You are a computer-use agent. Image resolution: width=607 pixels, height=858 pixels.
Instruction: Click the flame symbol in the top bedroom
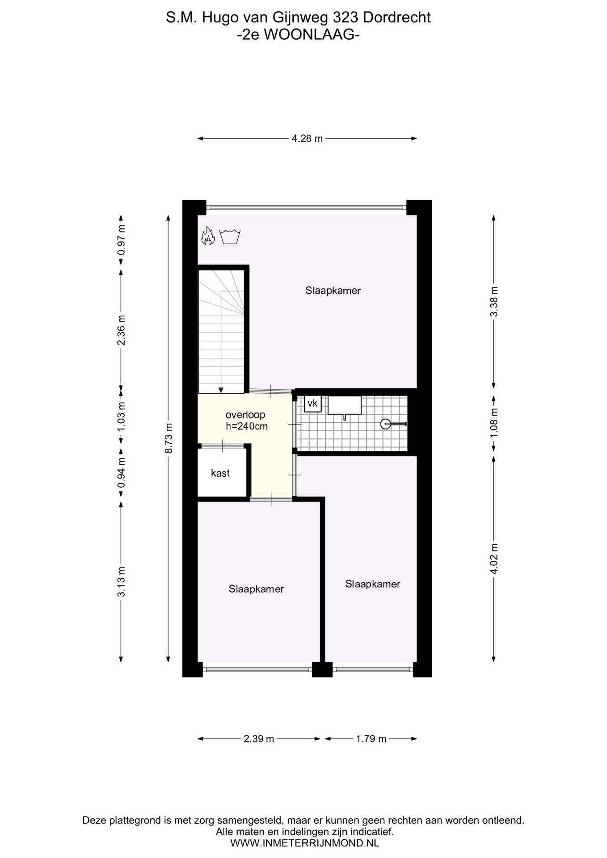208,236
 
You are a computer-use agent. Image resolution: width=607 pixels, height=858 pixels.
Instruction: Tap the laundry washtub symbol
230,236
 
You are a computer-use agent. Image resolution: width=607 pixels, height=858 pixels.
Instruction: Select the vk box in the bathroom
312,404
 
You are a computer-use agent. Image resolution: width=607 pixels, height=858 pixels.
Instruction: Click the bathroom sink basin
345,405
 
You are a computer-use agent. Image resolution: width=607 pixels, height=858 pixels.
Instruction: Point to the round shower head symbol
385,424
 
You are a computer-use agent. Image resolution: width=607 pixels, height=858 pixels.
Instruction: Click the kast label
220,473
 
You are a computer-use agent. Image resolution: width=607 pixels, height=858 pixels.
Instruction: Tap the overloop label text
245,415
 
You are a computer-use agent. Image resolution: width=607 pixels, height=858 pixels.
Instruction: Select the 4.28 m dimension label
307,139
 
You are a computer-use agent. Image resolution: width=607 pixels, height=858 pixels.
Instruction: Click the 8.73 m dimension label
169,438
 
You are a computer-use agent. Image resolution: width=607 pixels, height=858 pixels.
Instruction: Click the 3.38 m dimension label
494,302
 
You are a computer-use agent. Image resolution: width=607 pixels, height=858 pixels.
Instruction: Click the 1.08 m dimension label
494,423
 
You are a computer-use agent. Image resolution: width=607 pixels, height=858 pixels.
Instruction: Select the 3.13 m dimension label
121,581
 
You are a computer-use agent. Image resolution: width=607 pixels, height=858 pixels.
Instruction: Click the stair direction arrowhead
221,390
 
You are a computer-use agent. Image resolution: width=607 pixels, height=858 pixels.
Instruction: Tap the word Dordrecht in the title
397,17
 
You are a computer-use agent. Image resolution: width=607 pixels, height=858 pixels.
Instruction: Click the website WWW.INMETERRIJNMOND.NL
304,843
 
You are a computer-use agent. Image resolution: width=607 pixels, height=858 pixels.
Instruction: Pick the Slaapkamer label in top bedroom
333,291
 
